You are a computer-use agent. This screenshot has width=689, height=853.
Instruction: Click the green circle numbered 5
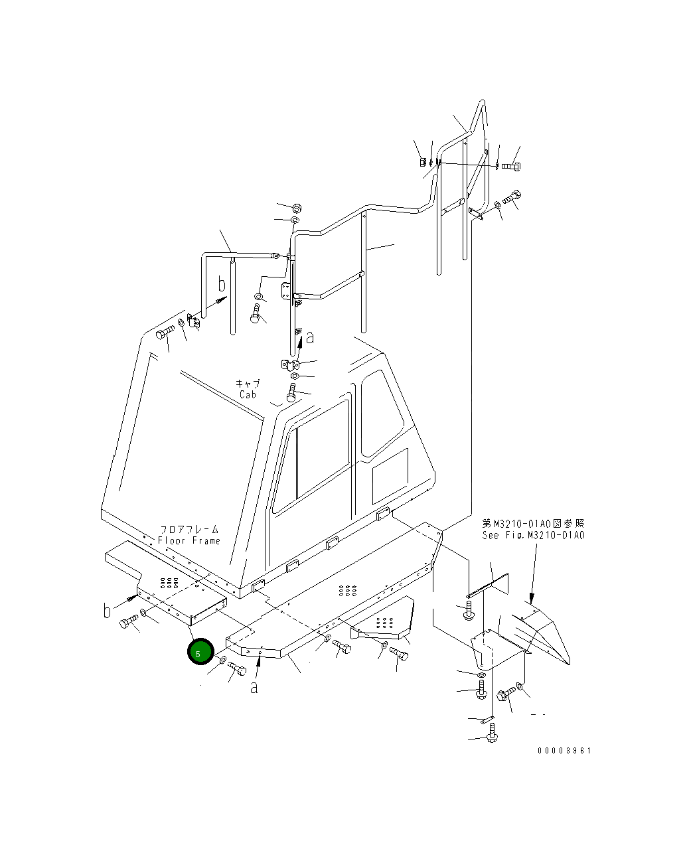point(200,651)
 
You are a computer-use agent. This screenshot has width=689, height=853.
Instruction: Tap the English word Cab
point(248,394)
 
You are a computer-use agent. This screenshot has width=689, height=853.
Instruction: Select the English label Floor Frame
point(189,540)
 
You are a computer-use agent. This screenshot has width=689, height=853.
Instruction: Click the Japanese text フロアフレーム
point(189,530)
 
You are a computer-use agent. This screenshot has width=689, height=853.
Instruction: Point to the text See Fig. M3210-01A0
point(533,535)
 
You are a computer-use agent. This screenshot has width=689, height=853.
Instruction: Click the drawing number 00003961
point(564,751)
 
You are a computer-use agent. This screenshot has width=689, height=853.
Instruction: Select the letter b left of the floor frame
point(106,611)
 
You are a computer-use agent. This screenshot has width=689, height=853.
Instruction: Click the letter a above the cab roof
point(310,339)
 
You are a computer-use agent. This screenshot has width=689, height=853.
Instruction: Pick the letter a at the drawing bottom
point(254,688)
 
